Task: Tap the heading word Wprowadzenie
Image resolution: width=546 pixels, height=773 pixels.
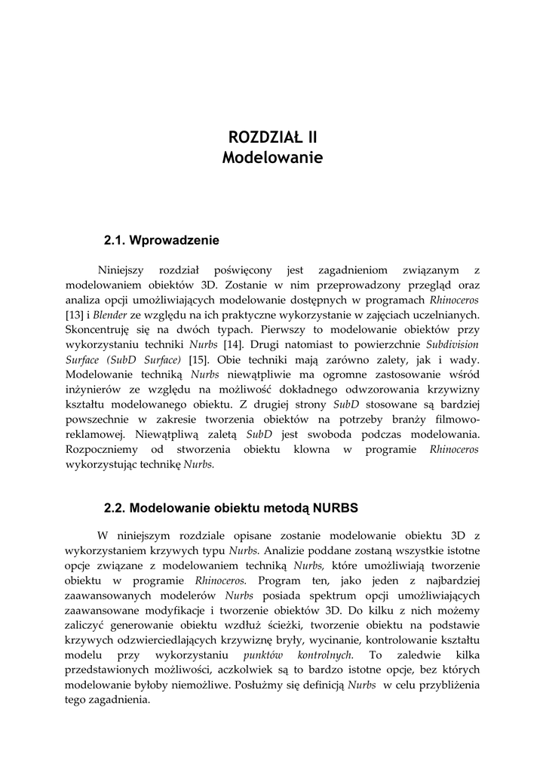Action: (174, 241)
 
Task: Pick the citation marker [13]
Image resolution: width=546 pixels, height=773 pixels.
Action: (75, 315)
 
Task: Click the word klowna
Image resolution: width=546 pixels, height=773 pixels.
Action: (323, 450)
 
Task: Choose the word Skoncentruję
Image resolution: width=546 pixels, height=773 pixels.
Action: (98, 330)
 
